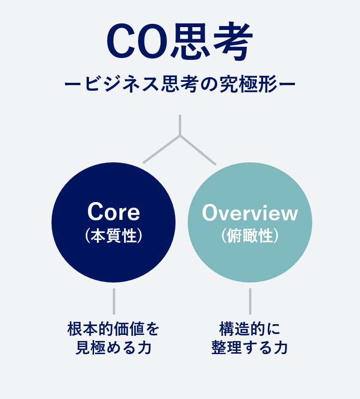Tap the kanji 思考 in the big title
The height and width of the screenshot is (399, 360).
click(x=212, y=41)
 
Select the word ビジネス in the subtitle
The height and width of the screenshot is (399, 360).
click(x=122, y=84)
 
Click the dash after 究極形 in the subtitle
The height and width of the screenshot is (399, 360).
click(x=287, y=84)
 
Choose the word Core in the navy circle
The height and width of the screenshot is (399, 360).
click(x=114, y=212)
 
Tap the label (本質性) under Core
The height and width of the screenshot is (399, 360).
click(x=114, y=235)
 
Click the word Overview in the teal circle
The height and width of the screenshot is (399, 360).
click(x=250, y=213)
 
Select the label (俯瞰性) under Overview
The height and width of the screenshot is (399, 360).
click(x=250, y=235)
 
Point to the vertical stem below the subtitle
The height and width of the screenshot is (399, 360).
click(x=180, y=125)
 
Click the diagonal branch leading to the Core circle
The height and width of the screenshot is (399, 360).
click(x=162, y=149)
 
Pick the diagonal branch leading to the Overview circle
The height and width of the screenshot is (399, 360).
click(x=198, y=150)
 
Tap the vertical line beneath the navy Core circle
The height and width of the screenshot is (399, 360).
click(x=114, y=301)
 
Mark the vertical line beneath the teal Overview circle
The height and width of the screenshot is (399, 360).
click(x=250, y=301)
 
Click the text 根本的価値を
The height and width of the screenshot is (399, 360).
click(x=113, y=329)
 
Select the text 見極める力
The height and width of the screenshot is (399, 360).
click(x=114, y=347)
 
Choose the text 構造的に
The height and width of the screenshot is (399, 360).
click(x=250, y=329)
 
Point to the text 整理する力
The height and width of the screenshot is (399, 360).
click(x=250, y=347)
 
